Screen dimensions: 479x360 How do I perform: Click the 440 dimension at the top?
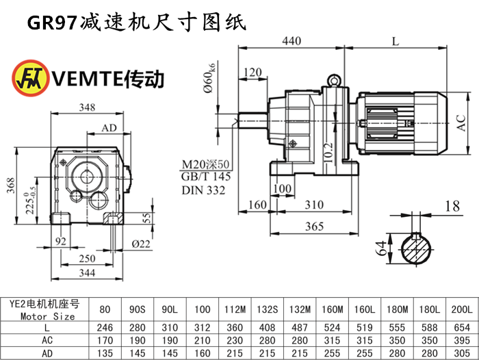(x=292, y=40)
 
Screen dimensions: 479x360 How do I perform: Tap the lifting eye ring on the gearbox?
(x=334, y=80)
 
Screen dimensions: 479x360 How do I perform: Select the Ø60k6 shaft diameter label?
(x=210, y=78)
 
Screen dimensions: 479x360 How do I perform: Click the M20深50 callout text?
(x=205, y=164)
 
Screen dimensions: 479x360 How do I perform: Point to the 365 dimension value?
(x=314, y=227)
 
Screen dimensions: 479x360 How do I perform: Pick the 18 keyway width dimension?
(x=452, y=206)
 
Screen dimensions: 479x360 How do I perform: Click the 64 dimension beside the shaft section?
(x=380, y=248)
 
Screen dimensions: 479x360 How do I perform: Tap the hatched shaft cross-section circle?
(x=416, y=248)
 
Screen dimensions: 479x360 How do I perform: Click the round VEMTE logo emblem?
(x=31, y=78)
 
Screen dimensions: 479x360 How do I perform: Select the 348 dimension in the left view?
(x=87, y=107)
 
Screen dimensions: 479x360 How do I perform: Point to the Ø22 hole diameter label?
(x=141, y=244)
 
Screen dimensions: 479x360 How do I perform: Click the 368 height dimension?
(x=11, y=185)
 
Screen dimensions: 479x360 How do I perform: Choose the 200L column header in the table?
(x=462, y=309)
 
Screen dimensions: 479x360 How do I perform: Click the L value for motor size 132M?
(x=300, y=327)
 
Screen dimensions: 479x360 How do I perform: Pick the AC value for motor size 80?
(x=105, y=340)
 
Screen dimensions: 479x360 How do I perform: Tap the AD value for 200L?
(x=462, y=353)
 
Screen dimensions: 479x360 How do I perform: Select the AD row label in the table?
(x=47, y=353)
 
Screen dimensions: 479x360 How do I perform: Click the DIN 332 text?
(x=203, y=190)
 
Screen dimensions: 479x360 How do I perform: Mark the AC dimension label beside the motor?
(x=461, y=123)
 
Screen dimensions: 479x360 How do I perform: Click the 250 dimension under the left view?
(x=87, y=259)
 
